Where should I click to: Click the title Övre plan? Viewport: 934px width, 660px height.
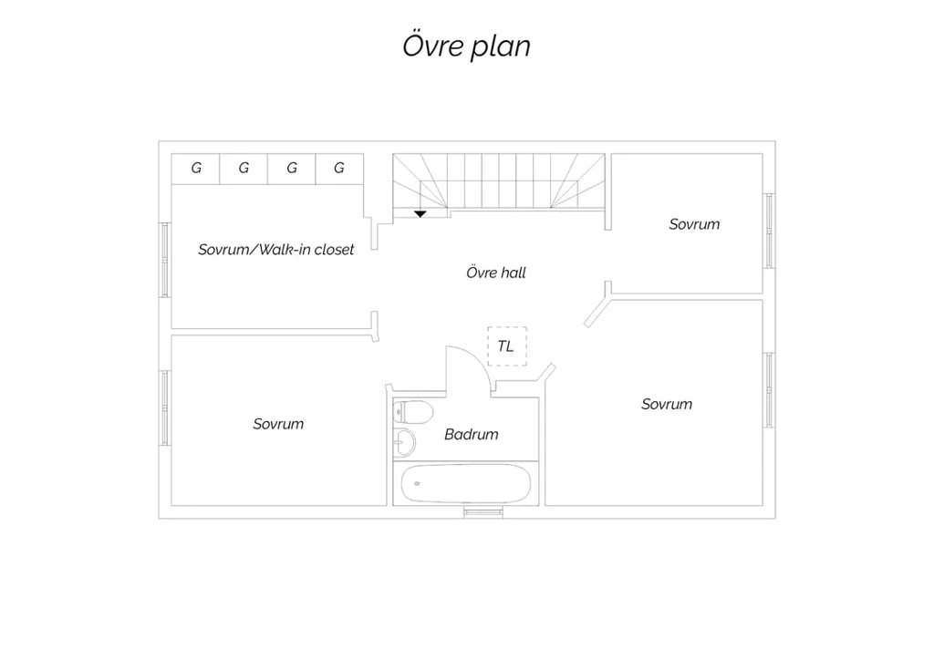[466, 46]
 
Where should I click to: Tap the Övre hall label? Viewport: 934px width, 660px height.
[496, 273]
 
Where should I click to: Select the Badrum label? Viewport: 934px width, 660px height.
[472, 435]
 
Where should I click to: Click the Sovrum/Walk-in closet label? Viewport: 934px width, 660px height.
[275, 250]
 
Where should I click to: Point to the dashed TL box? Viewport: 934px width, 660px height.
[507, 345]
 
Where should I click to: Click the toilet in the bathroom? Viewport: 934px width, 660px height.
[413, 412]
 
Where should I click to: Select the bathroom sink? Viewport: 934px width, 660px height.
[404, 442]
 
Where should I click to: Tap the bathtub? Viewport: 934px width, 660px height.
[466, 484]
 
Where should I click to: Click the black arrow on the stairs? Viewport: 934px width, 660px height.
[420, 213]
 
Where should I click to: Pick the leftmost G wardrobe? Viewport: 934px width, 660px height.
[195, 169]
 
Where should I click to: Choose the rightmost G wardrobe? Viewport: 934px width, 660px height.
[339, 169]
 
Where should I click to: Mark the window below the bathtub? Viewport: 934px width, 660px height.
[483, 511]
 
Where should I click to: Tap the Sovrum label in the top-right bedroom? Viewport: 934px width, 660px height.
[694, 224]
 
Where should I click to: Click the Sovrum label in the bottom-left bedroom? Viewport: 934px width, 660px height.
[278, 424]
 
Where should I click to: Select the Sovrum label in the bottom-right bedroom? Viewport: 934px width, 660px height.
[667, 404]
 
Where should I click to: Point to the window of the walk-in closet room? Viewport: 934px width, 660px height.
[165, 260]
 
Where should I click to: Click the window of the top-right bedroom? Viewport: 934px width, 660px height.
[769, 231]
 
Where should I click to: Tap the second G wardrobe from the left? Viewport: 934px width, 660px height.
[244, 169]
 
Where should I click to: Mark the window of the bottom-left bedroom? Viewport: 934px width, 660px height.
[165, 407]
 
